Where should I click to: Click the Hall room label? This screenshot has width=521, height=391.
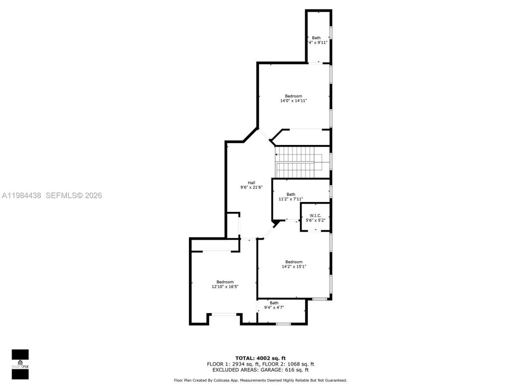tap(252, 182)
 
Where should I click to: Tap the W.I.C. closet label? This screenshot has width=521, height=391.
tap(315, 215)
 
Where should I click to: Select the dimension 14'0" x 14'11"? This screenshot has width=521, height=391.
tap(293, 101)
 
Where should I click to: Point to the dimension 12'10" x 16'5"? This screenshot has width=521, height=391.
tap(225, 287)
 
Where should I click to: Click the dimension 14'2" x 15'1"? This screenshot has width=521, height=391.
tap(293, 267)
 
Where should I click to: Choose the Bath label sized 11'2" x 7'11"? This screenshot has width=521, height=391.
tap(291, 194)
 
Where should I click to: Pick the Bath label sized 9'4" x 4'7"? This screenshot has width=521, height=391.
tap(274, 303)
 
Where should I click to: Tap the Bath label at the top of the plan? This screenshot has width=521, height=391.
tap(316, 38)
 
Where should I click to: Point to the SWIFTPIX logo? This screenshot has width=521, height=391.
tap(20, 364)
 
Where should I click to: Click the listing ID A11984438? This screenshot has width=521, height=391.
tap(22, 195)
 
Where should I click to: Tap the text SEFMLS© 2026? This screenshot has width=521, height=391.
tap(74, 195)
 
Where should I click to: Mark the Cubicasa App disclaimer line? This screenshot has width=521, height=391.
tap(260, 380)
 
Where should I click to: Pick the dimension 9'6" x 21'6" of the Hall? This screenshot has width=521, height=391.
tap(251, 188)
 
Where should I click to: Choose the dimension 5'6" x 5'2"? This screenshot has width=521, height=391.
tap(315, 220)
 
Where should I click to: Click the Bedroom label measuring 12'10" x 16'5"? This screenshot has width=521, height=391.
tap(225, 282)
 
